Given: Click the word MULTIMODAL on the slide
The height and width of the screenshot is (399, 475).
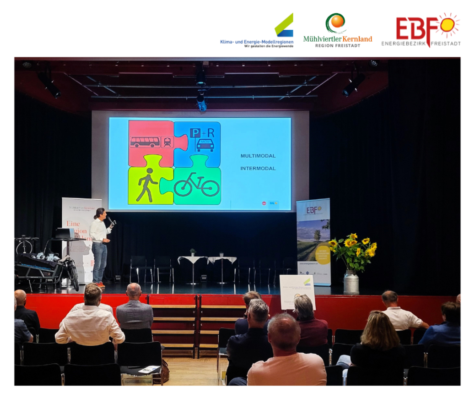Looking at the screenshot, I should pyautogui.click(x=258, y=156).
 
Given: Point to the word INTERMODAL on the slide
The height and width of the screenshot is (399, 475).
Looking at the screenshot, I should pyautogui.click(x=258, y=168).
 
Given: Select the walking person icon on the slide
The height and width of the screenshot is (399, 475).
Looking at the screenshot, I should pyautogui.click(x=146, y=184).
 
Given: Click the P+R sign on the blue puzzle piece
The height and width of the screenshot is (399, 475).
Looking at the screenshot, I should pyautogui.click(x=202, y=133).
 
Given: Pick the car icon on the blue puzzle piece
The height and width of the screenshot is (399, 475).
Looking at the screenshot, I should pyautogui.click(x=205, y=145).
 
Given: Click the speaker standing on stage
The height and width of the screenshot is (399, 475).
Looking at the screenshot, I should pyautogui.click(x=99, y=245).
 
